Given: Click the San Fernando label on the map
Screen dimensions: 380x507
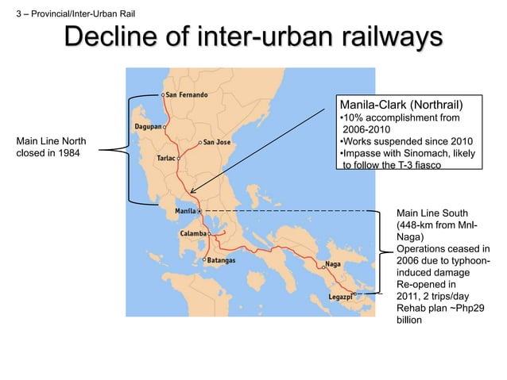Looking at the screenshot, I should pyautogui.click(x=188, y=94).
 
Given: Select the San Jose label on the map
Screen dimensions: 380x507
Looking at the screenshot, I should pyautogui.click(x=217, y=143).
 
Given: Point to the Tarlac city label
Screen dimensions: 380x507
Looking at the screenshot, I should pyautogui.click(x=164, y=157).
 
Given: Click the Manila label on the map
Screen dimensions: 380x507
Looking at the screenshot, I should pyautogui.click(x=185, y=211).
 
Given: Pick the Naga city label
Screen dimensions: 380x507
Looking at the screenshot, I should pyautogui.click(x=333, y=263).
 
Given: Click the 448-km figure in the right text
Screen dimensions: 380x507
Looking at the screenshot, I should pyautogui.click(x=418, y=225).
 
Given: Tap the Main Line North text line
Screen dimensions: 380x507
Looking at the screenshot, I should pyautogui.click(x=51, y=142).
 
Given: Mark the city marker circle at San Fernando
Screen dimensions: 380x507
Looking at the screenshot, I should pyautogui.click(x=164, y=94).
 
